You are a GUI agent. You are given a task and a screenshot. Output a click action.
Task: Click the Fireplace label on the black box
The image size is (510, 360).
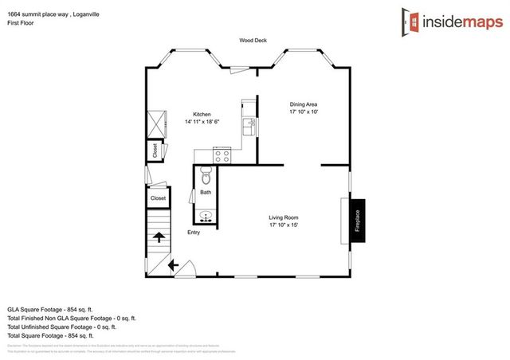pyautogui.click(x=358, y=221)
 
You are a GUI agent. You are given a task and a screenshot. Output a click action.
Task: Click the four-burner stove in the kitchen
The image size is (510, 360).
pyautogui.click(x=222, y=155)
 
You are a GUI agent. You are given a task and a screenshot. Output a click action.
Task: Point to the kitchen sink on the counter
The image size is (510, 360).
pyautogui.click(x=249, y=126)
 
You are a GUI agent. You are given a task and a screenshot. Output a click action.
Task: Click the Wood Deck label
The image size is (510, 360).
pyautogui.click(x=253, y=40)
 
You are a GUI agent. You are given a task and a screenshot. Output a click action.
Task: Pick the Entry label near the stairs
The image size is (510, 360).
pyautogui.click(x=194, y=233)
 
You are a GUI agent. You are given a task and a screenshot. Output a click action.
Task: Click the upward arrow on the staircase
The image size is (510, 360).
pyautogui.click(x=158, y=237)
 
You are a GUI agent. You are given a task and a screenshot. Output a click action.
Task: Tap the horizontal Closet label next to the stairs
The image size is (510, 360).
pyautogui.click(x=158, y=198)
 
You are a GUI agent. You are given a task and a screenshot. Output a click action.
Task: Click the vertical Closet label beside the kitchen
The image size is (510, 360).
pyautogui.click(x=155, y=150)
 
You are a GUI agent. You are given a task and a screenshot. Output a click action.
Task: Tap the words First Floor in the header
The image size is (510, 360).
pyautogui.click(x=22, y=24)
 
